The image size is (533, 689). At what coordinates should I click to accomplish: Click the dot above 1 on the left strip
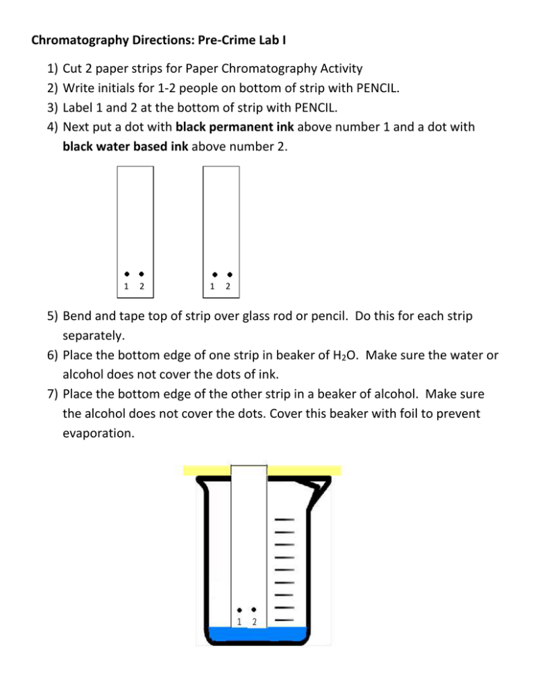coord(126,274)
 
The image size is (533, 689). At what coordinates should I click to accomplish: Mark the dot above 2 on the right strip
coord(230,274)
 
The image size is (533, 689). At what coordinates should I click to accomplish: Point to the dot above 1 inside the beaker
coord(239,610)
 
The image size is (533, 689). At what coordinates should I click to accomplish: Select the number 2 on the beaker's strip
coord(254,622)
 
